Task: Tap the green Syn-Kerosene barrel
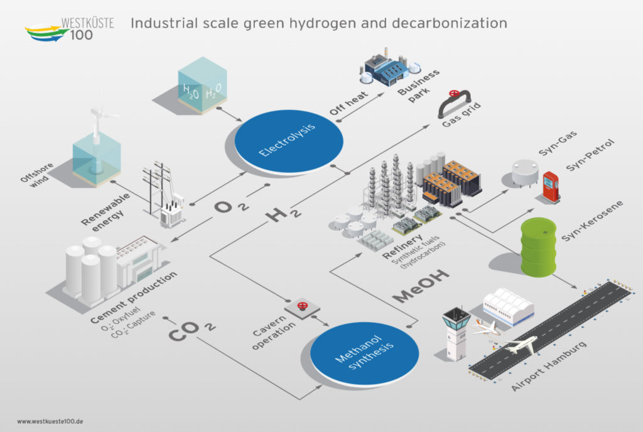click(x=539, y=246)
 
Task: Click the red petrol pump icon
click(x=551, y=187)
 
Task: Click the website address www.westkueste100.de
click(x=50, y=421)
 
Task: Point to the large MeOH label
click(x=421, y=286)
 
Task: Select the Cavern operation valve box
click(x=303, y=307)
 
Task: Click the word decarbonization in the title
click(x=450, y=23)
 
